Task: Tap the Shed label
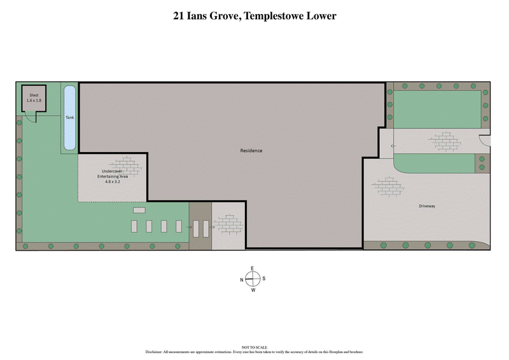(34, 95)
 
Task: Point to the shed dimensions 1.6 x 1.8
(34, 100)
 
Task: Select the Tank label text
(69, 118)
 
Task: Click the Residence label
(251, 151)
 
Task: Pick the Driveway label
(428, 206)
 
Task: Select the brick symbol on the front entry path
(445, 141)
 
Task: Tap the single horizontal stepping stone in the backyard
(139, 210)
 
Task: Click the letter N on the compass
(242, 279)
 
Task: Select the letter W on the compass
(253, 290)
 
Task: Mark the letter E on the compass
(253, 268)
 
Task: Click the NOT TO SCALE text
(254, 347)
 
